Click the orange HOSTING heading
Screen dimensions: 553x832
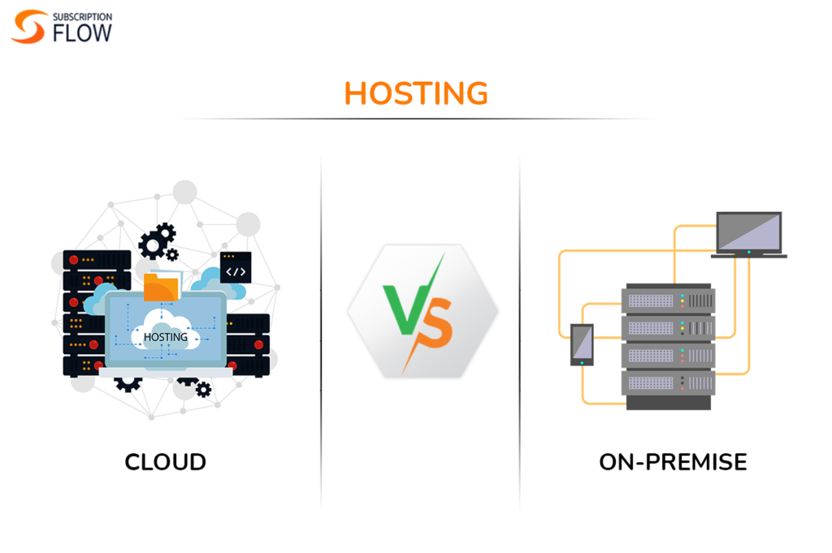click(x=416, y=93)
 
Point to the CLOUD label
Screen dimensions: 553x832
click(x=165, y=462)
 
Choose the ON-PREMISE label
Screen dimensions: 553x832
click(x=673, y=462)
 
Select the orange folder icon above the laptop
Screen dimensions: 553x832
click(x=161, y=287)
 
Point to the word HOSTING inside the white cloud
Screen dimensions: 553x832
click(x=165, y=336)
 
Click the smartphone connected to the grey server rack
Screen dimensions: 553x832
click(x=582, y=344)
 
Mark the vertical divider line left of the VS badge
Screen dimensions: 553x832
click(x=321, y=325)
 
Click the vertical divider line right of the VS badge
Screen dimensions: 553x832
click(x=520, y=325)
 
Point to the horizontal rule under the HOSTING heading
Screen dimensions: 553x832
click(x=416, y=119)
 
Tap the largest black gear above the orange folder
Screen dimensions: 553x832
click(x=154, y=244)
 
